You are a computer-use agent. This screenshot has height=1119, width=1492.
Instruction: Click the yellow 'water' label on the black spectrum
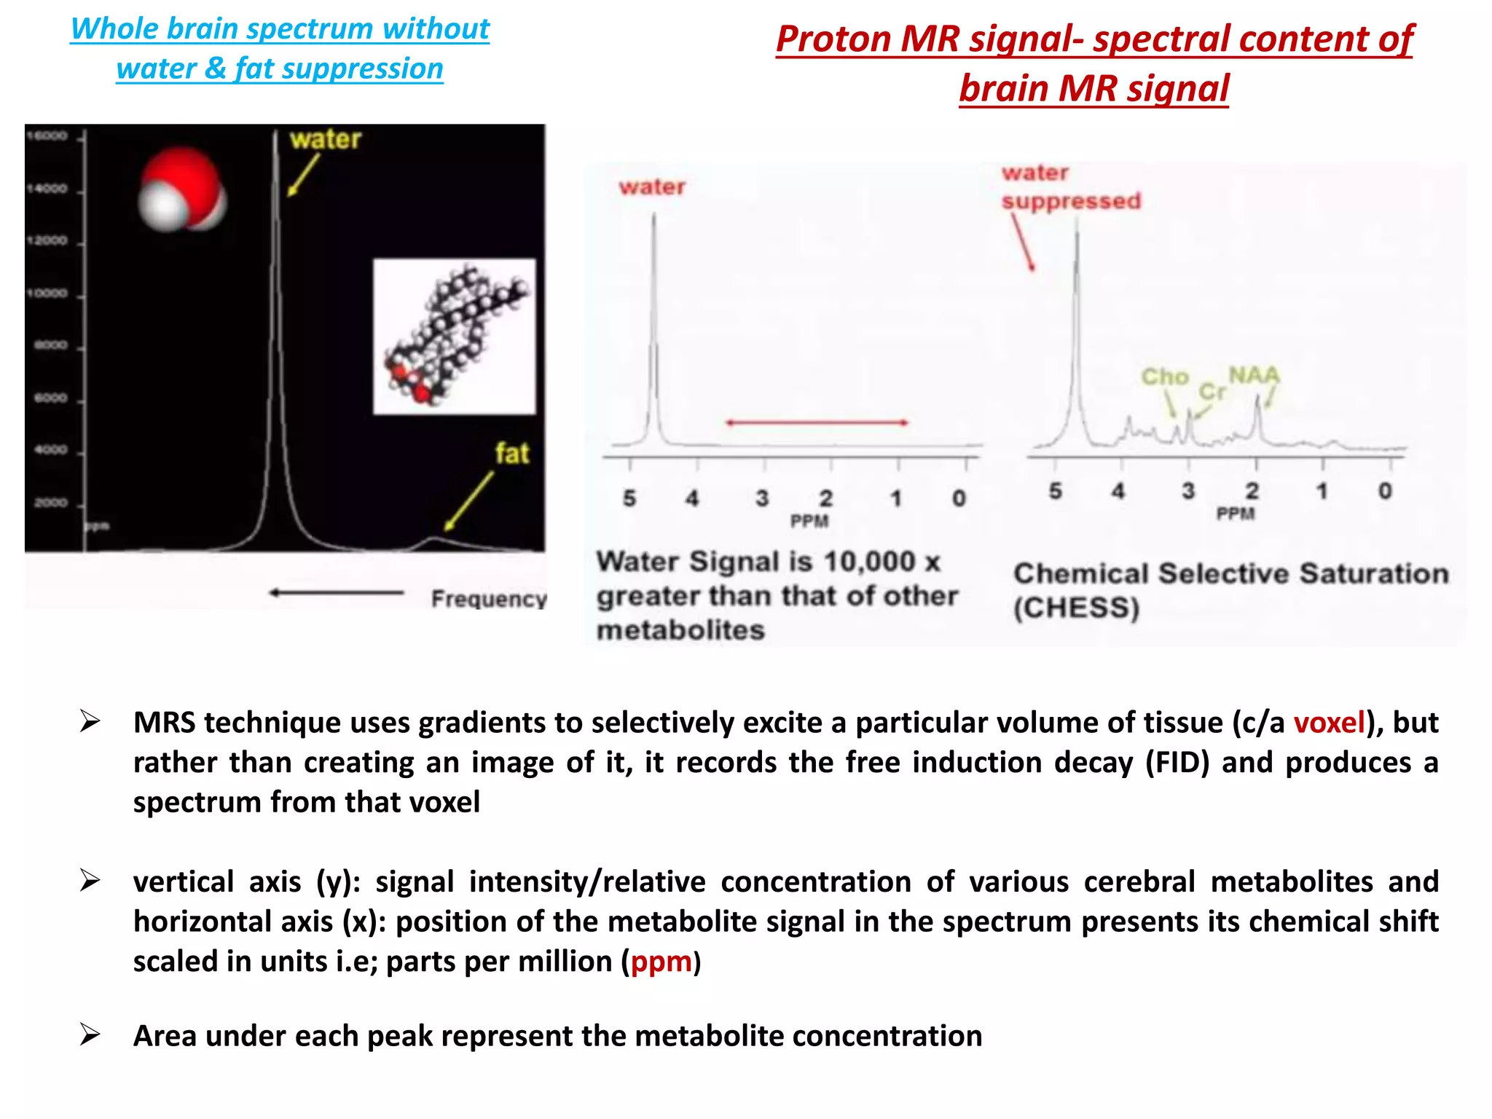click(x=325, y=139)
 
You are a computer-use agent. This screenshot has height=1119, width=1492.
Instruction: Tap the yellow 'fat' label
click(x=511, y=454)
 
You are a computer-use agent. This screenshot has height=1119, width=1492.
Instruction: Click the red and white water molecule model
click(x=182, y=190)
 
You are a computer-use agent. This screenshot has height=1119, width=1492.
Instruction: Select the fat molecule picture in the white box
click(x=455, y=337)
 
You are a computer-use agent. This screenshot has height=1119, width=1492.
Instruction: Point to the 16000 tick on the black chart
click(x=47, y=136)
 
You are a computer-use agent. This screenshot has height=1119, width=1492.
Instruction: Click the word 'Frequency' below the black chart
click(x=488, y=599)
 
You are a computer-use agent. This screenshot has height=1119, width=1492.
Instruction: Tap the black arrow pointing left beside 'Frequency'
click(x=337, y=593)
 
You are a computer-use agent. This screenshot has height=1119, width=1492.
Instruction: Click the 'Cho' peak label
click(x=1164, y=377)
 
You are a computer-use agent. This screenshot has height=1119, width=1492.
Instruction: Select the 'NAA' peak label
click(x=1254, y=375)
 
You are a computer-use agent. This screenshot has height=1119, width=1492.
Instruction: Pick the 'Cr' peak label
click(x=1212, y=392)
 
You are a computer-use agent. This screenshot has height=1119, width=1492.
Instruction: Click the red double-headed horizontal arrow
click(x=817, y=423)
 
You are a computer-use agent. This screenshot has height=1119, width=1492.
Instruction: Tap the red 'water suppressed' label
click(x=1069, y=187)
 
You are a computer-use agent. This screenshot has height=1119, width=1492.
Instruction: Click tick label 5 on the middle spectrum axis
click(x=629, y=498)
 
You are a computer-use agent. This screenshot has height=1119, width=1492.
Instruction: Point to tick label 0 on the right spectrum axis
click(x=1385, y=491)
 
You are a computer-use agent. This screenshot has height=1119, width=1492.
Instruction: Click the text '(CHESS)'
click(x=1076, y=608)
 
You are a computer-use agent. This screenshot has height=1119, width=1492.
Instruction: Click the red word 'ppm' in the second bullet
click(x=661, y=962)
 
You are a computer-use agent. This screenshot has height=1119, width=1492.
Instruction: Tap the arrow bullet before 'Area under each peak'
click(x=90, y=1034)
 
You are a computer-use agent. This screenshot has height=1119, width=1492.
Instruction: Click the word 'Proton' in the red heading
click(x=833, y=39)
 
